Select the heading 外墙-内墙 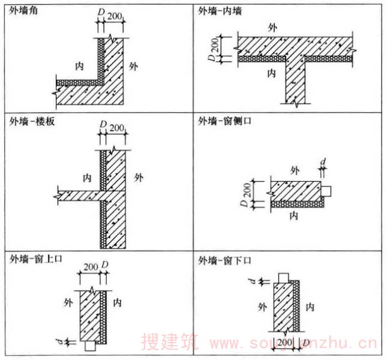(x=220, y=10)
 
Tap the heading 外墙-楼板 (x=29, y=122)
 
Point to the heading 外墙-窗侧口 (x=224, y=122)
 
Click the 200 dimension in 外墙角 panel (x=114, y=16)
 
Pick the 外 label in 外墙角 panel (x=133, y=65)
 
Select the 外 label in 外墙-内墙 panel (x=274, y=28)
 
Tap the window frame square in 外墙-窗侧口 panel (x=328, y=191)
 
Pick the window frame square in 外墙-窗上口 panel (x=90, y=346)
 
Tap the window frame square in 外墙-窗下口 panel (x=283, y=277)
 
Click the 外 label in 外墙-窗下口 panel (x=261, y=307)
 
